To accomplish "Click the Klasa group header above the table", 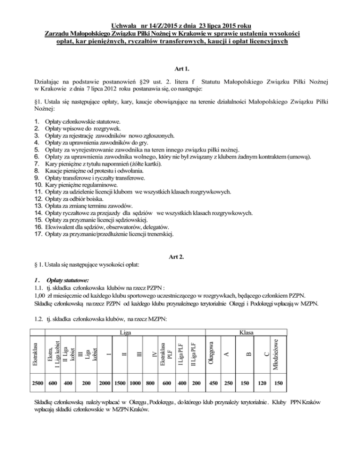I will click(x=246, y=332).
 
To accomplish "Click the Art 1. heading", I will click(x=180, y=68).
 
